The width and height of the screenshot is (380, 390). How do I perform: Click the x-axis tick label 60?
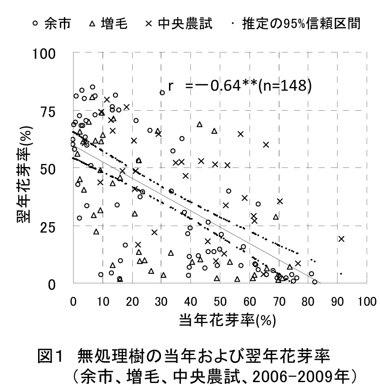(249, 302)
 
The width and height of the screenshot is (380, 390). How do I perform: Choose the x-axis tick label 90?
(338, 302)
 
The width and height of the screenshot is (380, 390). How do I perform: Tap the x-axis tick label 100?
(366, 302)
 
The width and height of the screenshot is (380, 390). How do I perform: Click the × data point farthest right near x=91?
(341, 239)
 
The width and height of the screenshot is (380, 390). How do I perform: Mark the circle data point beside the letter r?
(162, 92)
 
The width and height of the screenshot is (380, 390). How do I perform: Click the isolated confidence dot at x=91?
(341, 274)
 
